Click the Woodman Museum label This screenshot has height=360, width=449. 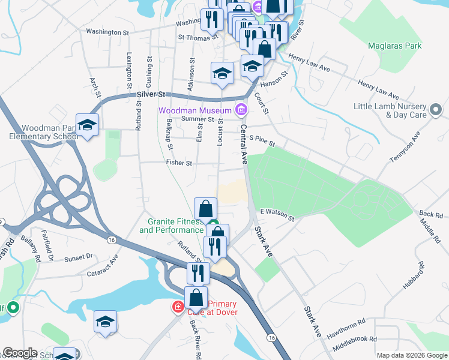pyautogui.click(x=195, y=111)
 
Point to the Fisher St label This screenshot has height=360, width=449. pyautogui.click(x=179, y=163)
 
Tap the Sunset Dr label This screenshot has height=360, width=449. pyautogui.click(x=79, y=257)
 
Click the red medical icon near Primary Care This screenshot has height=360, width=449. pyautogui.click(x=178, y=308)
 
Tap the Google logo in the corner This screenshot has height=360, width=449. pyautogui.click(x=20, y=353)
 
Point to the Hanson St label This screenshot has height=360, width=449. pyautogui.click(x=277, y=78)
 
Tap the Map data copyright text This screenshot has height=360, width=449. pyautogui.click(x=411, y=355)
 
